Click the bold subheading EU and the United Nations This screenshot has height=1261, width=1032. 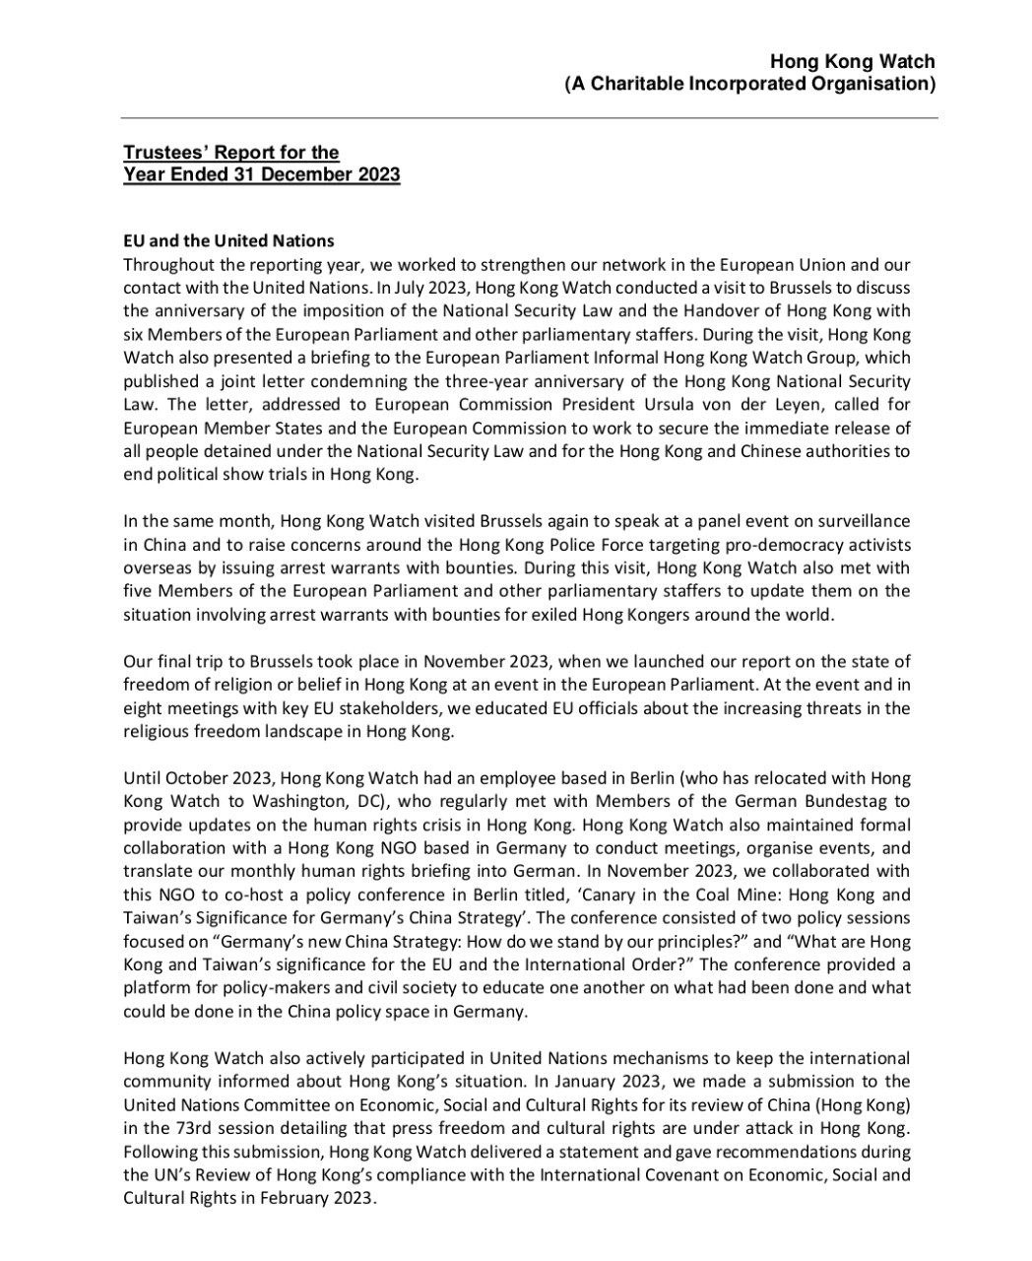point(228,240)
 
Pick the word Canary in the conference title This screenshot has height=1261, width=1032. point(628,896)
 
